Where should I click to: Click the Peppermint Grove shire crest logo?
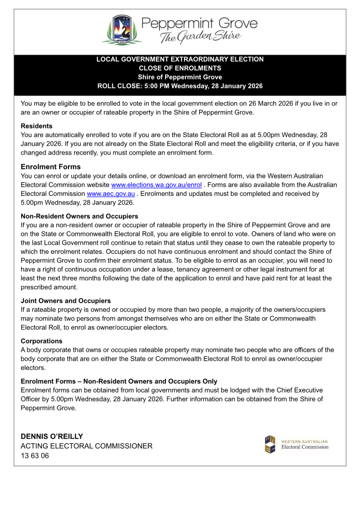click(x=122, y=30)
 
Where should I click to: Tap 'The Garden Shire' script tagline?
click(x=200, y=37)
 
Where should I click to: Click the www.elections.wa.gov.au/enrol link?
click(x=156, y=185)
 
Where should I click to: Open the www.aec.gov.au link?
click(x=111, y=194)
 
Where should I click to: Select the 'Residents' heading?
click(x=37, y=126)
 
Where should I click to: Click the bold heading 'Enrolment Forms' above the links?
click(x=51, y=167)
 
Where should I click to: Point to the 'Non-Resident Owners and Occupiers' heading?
click(x=80, y=216)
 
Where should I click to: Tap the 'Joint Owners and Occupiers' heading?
click(x=66, y=301)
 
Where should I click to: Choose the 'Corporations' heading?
click(x=41, y=341)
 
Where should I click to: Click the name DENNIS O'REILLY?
click(x=52, y=436)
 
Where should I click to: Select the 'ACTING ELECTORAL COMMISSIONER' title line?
click(x=86, y=446)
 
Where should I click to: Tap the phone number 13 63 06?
click(x=35, y=456)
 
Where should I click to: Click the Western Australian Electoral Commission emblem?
click(x=270, y=445)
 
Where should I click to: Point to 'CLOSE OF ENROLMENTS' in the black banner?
click(x=180, y=68)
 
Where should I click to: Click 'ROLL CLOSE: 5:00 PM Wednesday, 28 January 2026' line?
click(x=180, y=86)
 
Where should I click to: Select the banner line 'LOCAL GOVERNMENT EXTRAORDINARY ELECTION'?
click(x=180, y=59)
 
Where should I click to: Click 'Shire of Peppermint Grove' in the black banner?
click(x=180, y=77)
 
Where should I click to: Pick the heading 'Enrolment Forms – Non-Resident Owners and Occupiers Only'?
click(x=119, y=381)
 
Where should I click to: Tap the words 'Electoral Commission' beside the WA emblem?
click(x=305, y=447)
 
